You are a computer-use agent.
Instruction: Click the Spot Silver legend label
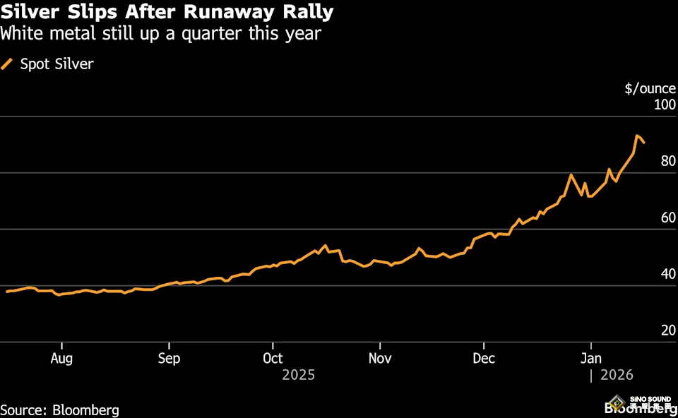(56, 64)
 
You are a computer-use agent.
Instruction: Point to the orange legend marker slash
(8, 64)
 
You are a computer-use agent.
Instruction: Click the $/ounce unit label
(650, 89)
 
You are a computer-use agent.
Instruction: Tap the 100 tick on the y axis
(664, 105)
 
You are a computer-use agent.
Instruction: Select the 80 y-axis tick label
(667, 162)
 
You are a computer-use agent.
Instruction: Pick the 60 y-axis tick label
(667, 218)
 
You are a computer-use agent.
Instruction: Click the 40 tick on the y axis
(667, 275)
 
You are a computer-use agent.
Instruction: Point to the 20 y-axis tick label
(667, 331)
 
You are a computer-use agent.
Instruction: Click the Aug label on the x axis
(62, 358)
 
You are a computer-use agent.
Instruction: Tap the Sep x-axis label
(169, 358)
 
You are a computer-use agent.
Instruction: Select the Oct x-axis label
(273, 358)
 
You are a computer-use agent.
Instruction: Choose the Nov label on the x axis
(380, 358)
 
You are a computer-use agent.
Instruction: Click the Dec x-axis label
(484, 358)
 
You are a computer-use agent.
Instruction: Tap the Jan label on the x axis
(591, 358)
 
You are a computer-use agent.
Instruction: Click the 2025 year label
(298, 375)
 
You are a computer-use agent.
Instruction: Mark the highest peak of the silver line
(637, 136)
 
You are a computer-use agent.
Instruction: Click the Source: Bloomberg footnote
(60, 410)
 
